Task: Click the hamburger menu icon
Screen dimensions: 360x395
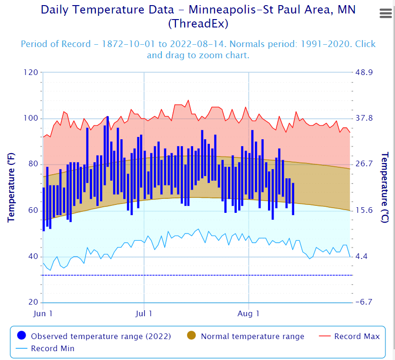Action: (x=386, y=14)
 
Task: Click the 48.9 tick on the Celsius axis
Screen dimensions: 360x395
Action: (x=364, y=73)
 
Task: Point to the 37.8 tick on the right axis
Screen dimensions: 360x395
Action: (x=364, y=118)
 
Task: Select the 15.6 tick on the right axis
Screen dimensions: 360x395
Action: (x=364, y=211)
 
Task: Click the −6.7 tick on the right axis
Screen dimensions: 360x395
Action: (x=364, y=303)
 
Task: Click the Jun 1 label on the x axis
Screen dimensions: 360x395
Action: (x=43, y=313)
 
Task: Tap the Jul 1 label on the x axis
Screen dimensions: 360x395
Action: (x=144, y=313)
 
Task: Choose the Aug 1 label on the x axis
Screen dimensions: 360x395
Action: (x=248, y=313)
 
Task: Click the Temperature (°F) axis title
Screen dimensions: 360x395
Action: (x=11, y=187)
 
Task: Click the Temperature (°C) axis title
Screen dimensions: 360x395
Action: (x=384, y=187)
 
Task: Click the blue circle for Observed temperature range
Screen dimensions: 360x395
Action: (x=21, y=336)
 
